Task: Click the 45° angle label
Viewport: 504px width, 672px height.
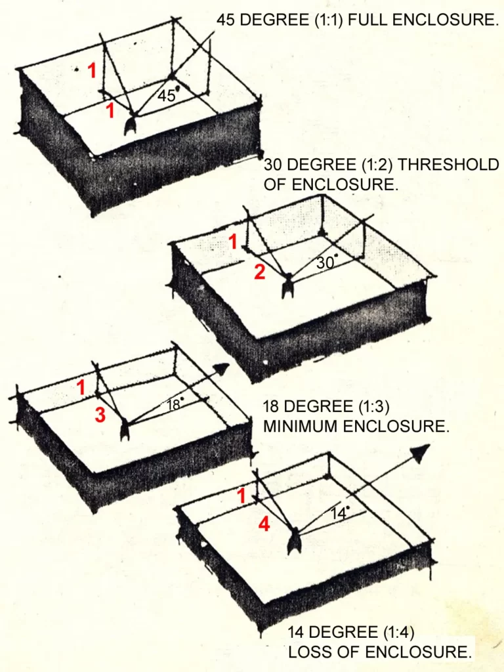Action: tap(167, 95)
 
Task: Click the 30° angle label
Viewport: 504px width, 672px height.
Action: tap(327, 262)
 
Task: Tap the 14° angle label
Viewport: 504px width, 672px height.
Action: tap(339, 514)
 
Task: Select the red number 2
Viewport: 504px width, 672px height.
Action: tap(260, 272)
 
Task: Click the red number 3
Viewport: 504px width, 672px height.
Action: tap(100, 415)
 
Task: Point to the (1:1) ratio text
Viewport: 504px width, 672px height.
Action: tap(327, 20)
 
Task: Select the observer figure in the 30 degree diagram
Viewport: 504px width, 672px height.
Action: tap(287, 287)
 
